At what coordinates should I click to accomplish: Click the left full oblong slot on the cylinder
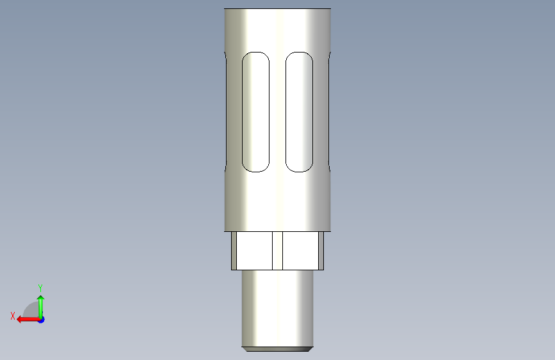(255, 112)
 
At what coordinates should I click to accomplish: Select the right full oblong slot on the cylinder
(299, 112)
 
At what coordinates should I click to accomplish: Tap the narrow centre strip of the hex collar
(278, 251)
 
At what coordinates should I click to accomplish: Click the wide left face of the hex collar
(255, 251)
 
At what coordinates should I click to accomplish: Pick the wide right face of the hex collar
(300, 251)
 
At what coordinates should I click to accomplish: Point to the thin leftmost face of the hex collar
(234, 251)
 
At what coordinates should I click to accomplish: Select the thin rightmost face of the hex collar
(321, 251)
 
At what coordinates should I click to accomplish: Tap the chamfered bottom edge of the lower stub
(278, 349)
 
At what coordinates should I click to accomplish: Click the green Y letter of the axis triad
(40, 288)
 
